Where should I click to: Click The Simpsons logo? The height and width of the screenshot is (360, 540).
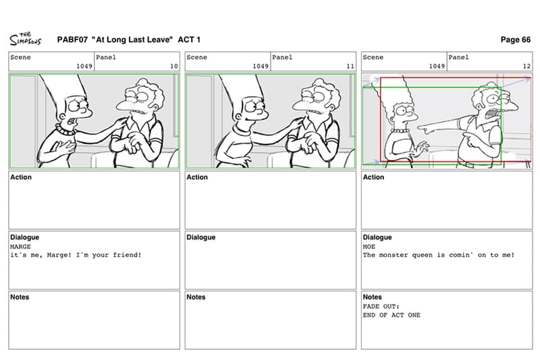click(25, 39)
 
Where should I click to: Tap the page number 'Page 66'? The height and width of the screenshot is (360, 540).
click(515, 40)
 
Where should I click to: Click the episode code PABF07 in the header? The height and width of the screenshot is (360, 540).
click(72, 40)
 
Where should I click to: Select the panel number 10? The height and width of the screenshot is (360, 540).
click(174, 66)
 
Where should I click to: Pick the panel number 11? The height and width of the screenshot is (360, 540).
click(350, 66)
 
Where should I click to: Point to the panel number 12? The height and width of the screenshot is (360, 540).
click(526, 66)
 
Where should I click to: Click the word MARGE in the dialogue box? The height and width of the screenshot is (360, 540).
click(20, 247)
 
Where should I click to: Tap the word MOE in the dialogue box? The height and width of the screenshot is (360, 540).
click(369, 247)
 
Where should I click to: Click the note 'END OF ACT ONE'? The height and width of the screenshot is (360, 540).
click(391, 315)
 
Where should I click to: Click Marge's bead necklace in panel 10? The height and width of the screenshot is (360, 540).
click(66, 130)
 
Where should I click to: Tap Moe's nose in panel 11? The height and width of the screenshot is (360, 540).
click(298, 103)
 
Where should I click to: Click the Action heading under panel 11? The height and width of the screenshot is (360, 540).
click(197, 177)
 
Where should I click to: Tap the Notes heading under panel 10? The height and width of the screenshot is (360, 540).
click(20, 297)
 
